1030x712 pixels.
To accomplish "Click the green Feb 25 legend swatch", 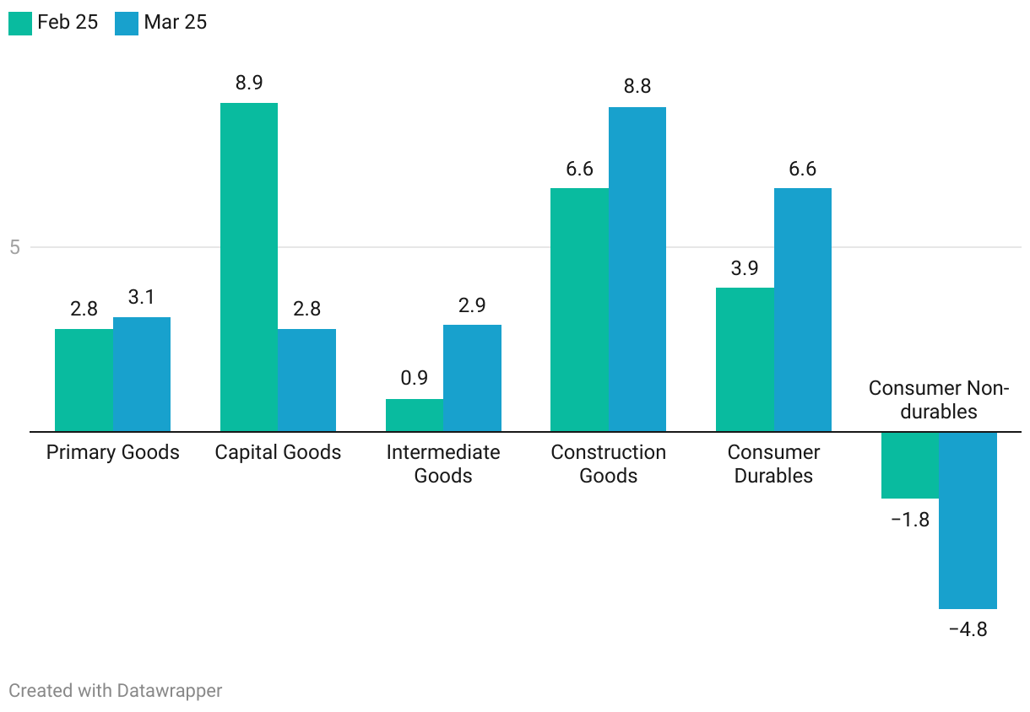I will click(20, 23).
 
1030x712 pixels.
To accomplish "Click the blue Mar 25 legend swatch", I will click(127, 23).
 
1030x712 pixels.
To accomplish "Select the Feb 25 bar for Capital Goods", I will click(248, 267).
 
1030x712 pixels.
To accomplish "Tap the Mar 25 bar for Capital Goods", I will click(306, 380).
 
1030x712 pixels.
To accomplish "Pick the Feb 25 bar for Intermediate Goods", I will click(415, 415).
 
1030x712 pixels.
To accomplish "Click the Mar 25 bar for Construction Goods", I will click(637, 269).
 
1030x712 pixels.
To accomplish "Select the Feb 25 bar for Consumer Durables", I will click(745, 359).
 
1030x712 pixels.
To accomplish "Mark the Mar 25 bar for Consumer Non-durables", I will click(968, 520).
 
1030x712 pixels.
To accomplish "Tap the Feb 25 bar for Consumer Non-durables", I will click(910, 465).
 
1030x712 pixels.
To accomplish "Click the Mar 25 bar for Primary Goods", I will click(142, 374).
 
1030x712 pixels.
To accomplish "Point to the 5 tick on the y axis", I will click(14, 247).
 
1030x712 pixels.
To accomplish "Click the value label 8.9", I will click(249, 83).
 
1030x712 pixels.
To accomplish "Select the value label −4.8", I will click(968, 629).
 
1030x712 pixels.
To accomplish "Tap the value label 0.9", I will click(415, 378).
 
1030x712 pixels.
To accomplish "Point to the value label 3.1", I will click(142, 297).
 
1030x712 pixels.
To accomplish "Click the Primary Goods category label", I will click(113, 452).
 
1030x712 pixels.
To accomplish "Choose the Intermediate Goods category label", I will click(443, 464).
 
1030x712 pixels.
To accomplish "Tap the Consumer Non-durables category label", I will click(939, 400).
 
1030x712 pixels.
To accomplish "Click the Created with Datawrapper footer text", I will click(116, 690).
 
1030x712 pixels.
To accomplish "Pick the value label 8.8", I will click(637, 86).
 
